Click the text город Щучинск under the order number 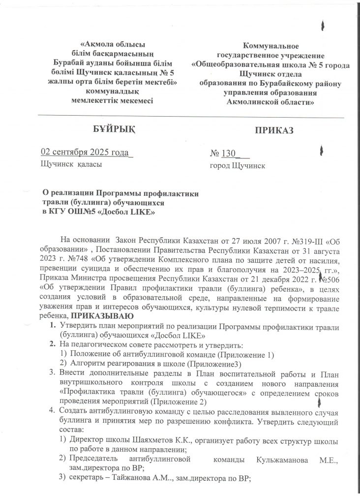pos(237,166)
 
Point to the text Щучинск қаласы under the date pos(71,164)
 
